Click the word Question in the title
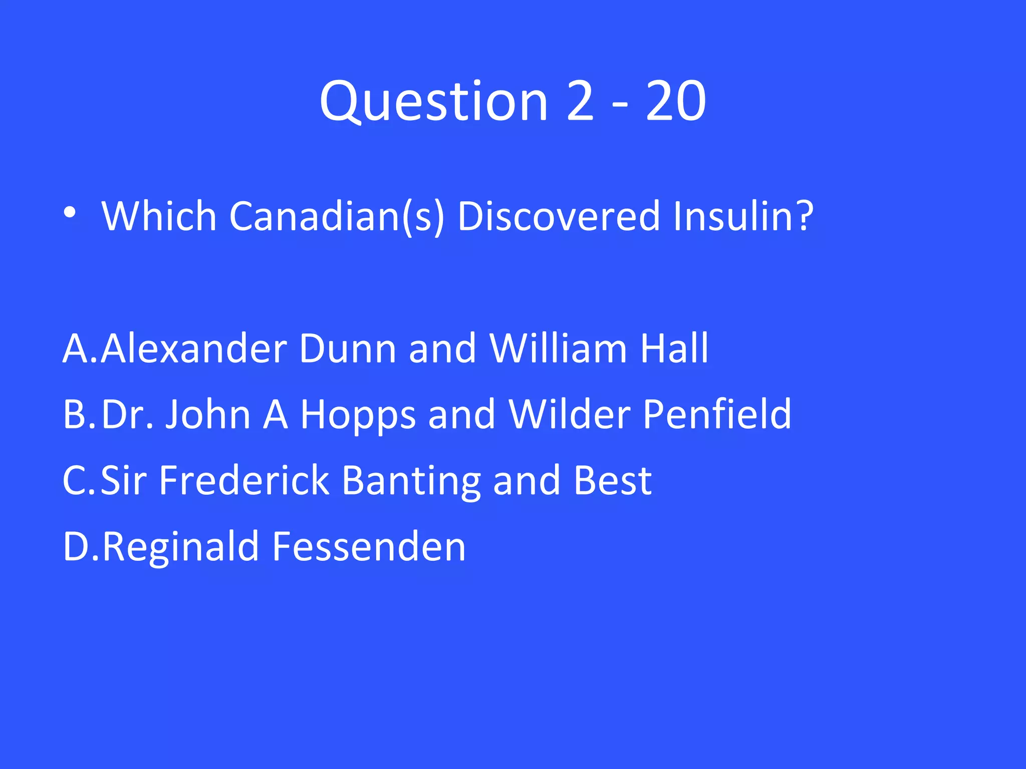(434, 102)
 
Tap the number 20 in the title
(676, 102)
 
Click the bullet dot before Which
(70, 213)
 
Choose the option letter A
(76, 348)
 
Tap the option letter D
(76, 547)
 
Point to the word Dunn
(348, 348)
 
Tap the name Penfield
(717, 415)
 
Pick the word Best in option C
(613, 481)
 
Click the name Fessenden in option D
(369, 547)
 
